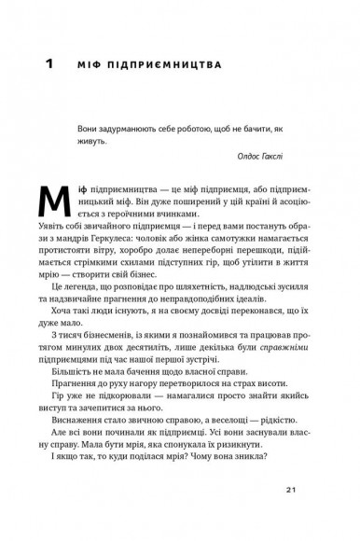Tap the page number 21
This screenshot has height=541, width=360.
coord(299,520)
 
